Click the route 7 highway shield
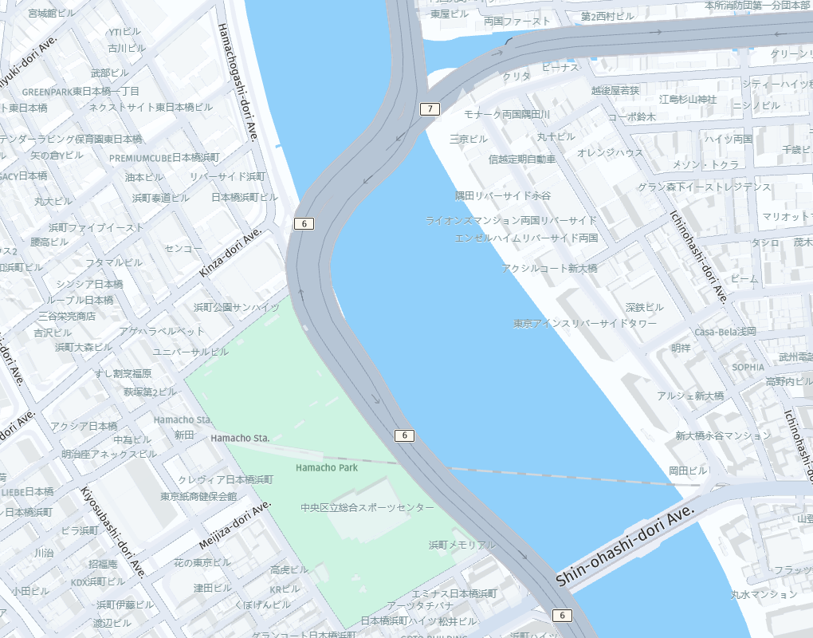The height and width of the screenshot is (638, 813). [x=430, y=109]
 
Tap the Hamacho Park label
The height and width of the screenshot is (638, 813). [x=327, y=467]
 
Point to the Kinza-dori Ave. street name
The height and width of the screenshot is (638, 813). [x=230, y=252]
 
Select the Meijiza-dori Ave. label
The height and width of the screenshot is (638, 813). [x=236, y=526]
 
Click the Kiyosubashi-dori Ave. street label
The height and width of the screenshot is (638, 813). [x=113, y=532]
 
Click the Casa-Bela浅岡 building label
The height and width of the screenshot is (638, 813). [x=725, y=332]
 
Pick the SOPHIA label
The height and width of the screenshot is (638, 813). [x=748, y=367]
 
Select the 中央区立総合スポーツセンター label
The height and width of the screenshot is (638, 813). [x=367, y=508]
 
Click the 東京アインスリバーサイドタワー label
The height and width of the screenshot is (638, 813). [x=585, y=324]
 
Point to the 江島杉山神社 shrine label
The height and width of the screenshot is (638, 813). [x=688, y=99]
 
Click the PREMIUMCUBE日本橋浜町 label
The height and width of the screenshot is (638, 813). [x=164, y=158]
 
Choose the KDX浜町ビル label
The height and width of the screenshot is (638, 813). [x=98, y=581]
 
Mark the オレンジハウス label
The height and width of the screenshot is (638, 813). [x=610, y=152]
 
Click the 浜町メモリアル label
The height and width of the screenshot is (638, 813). [x=461, y=545]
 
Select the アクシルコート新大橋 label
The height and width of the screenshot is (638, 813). [x=550, y=269]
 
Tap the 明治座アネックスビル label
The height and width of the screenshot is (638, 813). [x=109, y=454]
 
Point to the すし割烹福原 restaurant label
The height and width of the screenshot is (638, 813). [x=124, y=373]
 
